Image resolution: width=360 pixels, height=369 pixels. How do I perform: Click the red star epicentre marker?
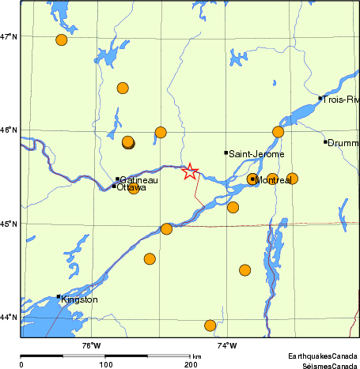pyautogui.click(x=190, y=171)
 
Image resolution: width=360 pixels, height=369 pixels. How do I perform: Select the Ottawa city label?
pyautogui.click(x=131, y=188)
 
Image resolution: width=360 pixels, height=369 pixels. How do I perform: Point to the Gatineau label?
pyautogui.click(x=139, y=181)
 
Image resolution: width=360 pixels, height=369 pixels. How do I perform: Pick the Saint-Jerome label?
pyautogui.click(x=256, y=154)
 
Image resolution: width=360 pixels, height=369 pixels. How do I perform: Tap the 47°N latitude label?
pyautogui.click(x=9, y=36)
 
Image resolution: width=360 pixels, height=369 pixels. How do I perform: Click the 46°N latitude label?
pyautogui.click(x=9, y=130)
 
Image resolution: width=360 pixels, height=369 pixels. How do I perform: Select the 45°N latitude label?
pyautogui.click(x=9, y=224)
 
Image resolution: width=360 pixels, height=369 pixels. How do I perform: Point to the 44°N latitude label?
pyautogui.click(x=9, y=317)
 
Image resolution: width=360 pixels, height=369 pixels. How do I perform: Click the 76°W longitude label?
pyautogui.click(x=91, y=345)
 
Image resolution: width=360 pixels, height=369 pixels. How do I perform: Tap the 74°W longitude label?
pyautogui.click(x=226, y=345)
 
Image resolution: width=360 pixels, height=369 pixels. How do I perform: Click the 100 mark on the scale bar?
pyautogui.click(x=105, y=365)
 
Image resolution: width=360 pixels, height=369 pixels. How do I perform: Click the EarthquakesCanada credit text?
pyautogui.click(x=324, y=356)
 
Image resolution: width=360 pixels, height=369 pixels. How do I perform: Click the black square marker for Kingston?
pyautogui.click(x=59, y=297)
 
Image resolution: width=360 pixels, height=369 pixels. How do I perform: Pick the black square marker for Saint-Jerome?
pyautogui.click(x=225, y=152)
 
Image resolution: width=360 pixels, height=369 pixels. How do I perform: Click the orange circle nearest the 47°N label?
pyautogui.click(x=62, y=40)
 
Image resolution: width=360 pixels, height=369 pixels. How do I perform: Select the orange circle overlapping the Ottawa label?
pyautogui.click(x=134, y=189)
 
